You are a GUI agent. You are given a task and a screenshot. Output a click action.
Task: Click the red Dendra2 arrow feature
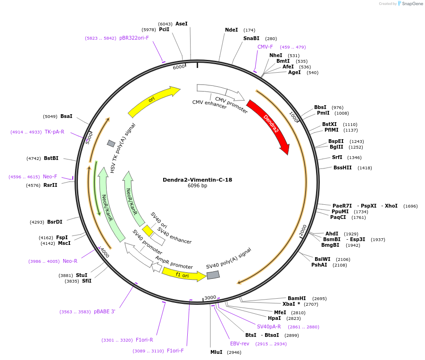[270, 125]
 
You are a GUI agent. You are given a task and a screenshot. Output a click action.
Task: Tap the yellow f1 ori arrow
[183, 274]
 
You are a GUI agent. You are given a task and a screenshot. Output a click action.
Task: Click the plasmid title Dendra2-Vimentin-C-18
[197, 180]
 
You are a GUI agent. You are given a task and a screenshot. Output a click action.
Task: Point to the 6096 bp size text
[197, 186]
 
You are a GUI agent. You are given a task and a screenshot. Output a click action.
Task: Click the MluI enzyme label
[216, 352]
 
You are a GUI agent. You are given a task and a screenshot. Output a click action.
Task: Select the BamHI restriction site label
[297, 298]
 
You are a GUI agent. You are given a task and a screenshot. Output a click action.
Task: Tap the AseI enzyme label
[181, 24]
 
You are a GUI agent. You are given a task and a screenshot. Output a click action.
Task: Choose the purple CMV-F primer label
[265, 47]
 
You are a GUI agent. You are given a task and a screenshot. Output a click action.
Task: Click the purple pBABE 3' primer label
[104, 311]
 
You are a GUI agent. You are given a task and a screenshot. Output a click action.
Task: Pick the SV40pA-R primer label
[269, 327]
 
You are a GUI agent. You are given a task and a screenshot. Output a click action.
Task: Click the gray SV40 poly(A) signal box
[213, 275]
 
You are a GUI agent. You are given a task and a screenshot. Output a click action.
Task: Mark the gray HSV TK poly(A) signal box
[111, 143]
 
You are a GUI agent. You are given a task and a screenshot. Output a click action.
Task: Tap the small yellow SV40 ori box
[148, 230]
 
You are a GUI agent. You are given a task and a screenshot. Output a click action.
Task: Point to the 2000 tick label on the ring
[303, 230]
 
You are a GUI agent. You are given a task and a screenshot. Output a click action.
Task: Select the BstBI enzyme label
[51, 159]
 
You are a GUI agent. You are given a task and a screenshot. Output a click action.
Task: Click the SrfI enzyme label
[337, 158]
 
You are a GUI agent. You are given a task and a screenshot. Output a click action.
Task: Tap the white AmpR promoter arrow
[157, 268]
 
